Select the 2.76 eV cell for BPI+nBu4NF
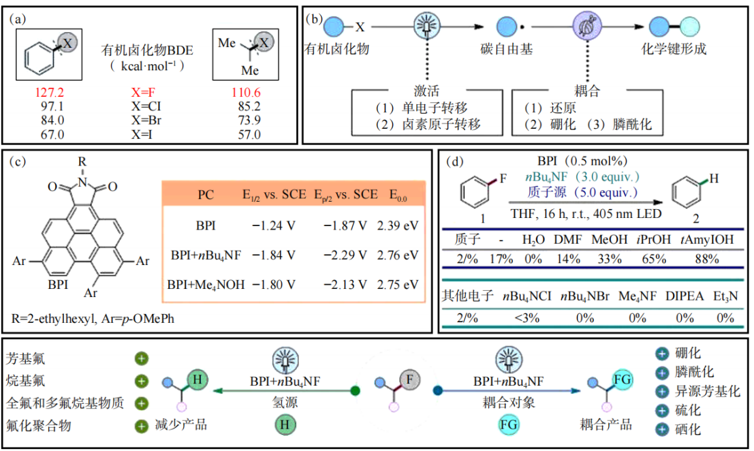click(397, 255)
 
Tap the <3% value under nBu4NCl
click(529, 317)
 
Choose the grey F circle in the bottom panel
click(409, 379)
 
